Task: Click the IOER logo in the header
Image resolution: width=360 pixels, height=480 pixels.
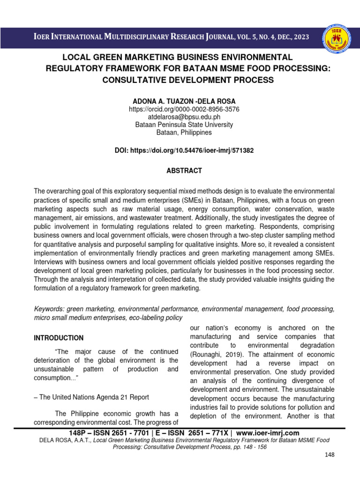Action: [336, 37]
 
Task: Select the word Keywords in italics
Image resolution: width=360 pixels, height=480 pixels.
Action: [49, 309]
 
